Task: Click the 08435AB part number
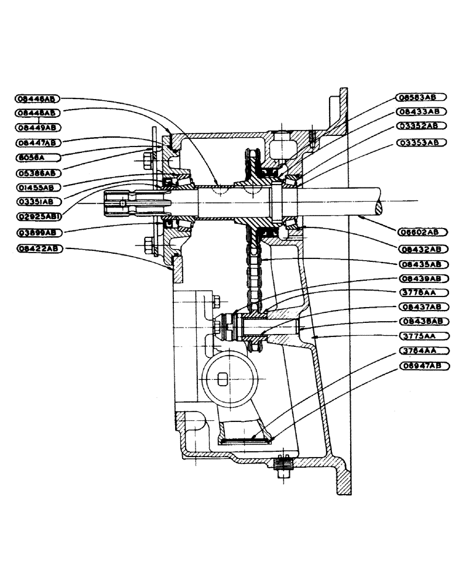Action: tap(419, 264)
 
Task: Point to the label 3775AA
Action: tap(419, 336)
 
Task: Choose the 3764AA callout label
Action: tap(419, 351)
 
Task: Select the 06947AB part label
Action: tap(419, 366)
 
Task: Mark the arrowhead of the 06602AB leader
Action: tap(361, 218)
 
